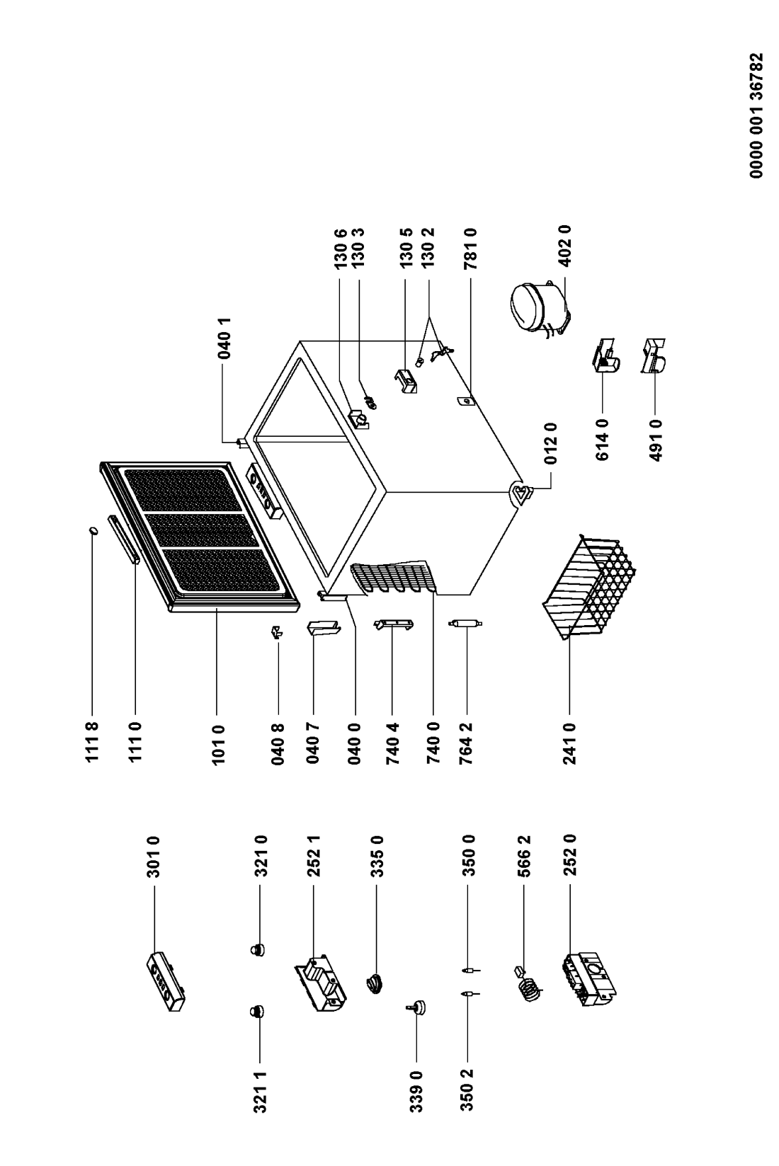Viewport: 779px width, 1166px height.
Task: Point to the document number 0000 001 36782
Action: point(756,115)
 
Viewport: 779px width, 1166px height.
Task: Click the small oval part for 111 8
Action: point(93,530)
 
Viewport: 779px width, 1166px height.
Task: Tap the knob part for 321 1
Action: point(256,1010)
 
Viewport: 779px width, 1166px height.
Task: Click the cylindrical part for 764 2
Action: point(465,623)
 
